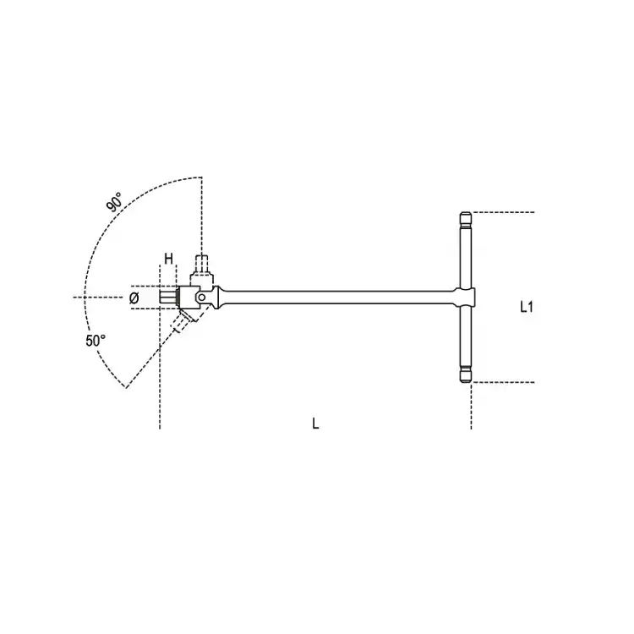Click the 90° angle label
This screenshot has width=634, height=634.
pyautogui.click(x=114, y=202)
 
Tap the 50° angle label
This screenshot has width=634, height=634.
pyautogui.click(x=96, y=341)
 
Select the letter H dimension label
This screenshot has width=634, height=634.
pyautogui.click(x=168, y=258)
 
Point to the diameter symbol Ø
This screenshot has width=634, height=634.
pyautogui.click(x=134, y=298)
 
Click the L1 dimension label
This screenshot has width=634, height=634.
pyautogui.click(x=526, y=308)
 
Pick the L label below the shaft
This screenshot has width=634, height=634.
pyautogui.click(x=315, y=424)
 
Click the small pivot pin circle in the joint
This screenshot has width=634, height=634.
pyautogui.click(x=201, y=298)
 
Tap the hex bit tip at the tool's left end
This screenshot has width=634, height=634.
pyautogui.click(x=168, y=298)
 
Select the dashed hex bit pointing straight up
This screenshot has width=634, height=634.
pyautogui.click(x=201, y=264)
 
